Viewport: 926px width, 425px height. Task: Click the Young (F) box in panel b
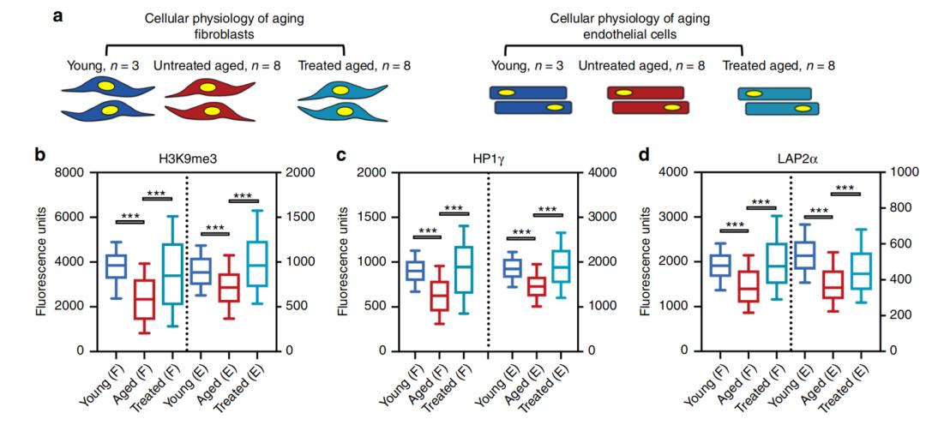click(x=115, y=266)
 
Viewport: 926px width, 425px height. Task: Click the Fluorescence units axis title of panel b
click(x=42, y=261)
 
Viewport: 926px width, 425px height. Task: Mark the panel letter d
click(x=645, y=156)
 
